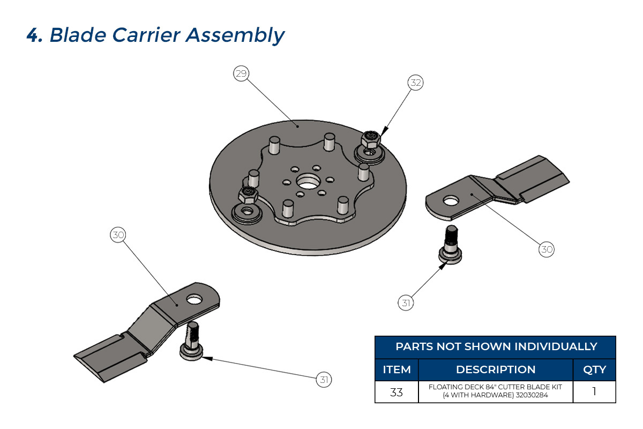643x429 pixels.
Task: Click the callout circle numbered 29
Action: click(241, 73)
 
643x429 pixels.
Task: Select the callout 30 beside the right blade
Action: click(547, 249)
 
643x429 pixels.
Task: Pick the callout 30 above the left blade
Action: click(118, 234)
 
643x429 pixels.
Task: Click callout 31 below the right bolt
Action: click(406, 303)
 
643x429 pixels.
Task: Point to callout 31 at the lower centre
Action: click(324, 380)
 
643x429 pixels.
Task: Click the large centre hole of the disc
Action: click(308, 181)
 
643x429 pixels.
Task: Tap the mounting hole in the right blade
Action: click(451, 201)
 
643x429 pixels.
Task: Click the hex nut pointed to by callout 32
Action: click(370, 140)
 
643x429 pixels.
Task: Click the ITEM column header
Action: click(397, 369)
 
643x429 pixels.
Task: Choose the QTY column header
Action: click(594, 369)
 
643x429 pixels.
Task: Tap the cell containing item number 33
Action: click(397, 392)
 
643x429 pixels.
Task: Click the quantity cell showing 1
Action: click(594, 392)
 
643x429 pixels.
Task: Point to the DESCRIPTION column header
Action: click(496, 369)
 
